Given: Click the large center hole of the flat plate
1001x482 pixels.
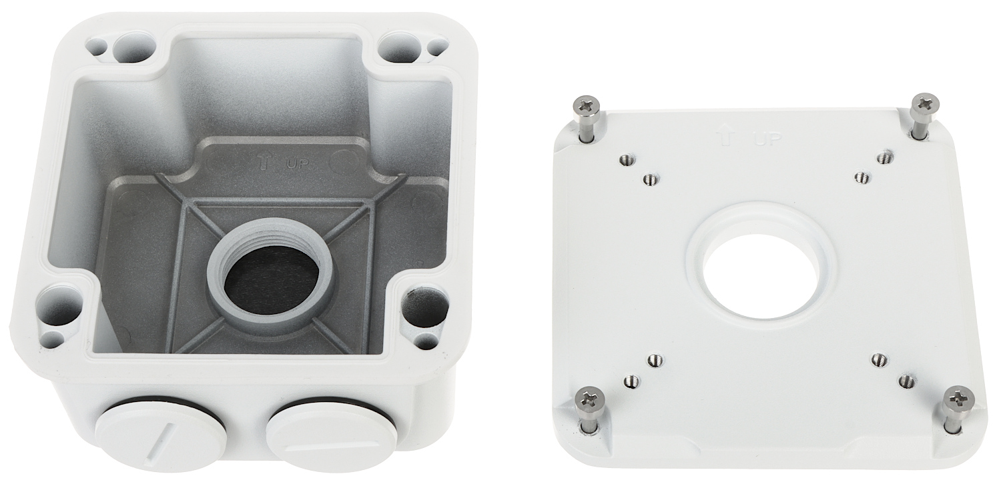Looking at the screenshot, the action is point(762,275).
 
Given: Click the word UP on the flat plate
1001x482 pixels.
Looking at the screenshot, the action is point(767,139).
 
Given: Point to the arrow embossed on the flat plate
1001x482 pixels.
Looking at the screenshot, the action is point(723,135).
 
